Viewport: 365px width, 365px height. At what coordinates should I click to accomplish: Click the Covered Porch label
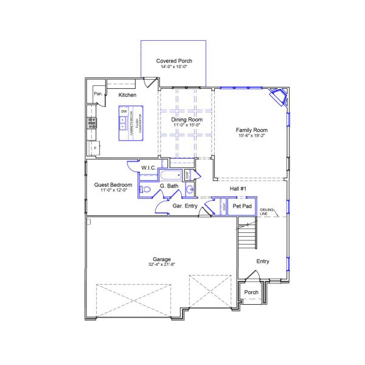click(173, 61)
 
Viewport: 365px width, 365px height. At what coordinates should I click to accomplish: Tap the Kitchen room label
click(127, 95)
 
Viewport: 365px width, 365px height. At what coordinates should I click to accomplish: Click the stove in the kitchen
click(92, 122)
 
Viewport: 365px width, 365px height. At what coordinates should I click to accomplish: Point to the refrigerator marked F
click(95, 148)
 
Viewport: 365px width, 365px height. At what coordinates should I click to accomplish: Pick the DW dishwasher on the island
click(123, 112)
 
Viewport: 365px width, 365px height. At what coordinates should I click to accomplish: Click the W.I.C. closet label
click(149, 167)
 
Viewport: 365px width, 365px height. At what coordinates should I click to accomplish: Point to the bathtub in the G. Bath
click(167, 176)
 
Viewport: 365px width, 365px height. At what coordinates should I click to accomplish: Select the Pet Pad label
click(242, 206)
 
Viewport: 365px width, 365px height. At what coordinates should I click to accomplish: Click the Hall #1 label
click(237, 189)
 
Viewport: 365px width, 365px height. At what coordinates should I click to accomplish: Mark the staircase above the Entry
click(246, 234)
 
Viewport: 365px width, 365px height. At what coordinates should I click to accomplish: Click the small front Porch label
click(251, 293)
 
